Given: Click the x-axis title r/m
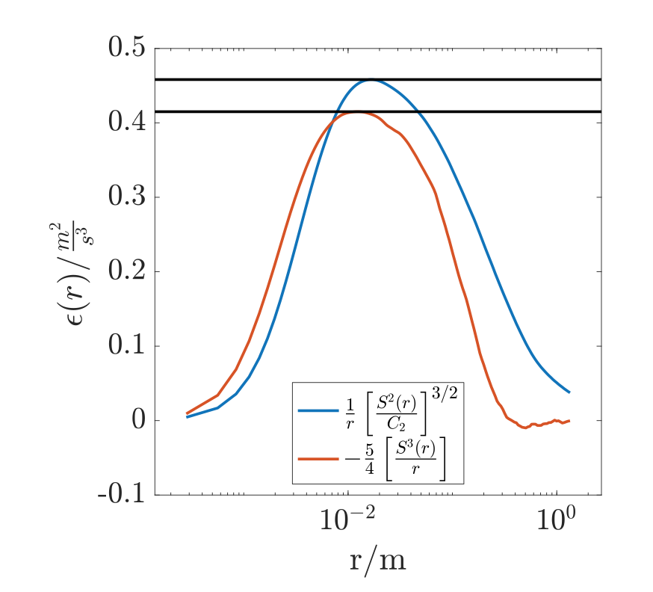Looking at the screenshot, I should click(x=377, y=558).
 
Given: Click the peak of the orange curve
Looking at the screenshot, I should click(x=358, y=112).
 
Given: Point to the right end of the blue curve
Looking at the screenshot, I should click(x=569, y=392).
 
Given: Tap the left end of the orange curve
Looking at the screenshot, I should click(x=187, y=413).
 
